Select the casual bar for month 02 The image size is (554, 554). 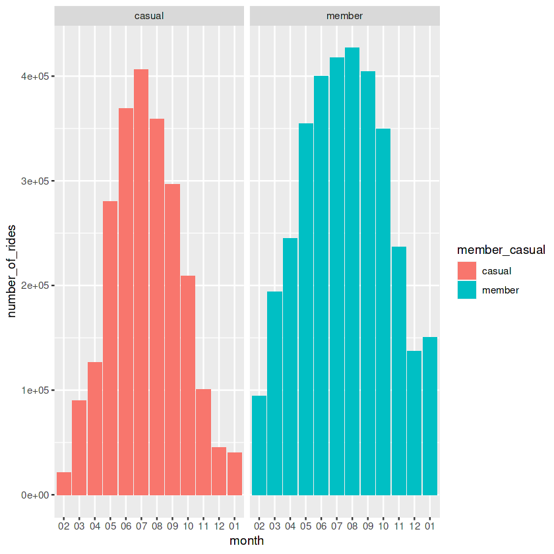(63, 483)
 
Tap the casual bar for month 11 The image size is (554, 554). (203, 442)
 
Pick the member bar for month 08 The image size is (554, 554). (352, 271)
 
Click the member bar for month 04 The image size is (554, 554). (290, 366)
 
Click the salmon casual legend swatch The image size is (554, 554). (467, 270)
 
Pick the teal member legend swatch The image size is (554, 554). (467, 290)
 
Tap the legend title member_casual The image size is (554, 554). (501, 250)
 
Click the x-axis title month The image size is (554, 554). (247, 541)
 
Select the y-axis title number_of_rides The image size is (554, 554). (13, 271)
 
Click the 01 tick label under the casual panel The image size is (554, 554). (234, 526)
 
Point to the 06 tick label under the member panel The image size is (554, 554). (321, 526)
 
